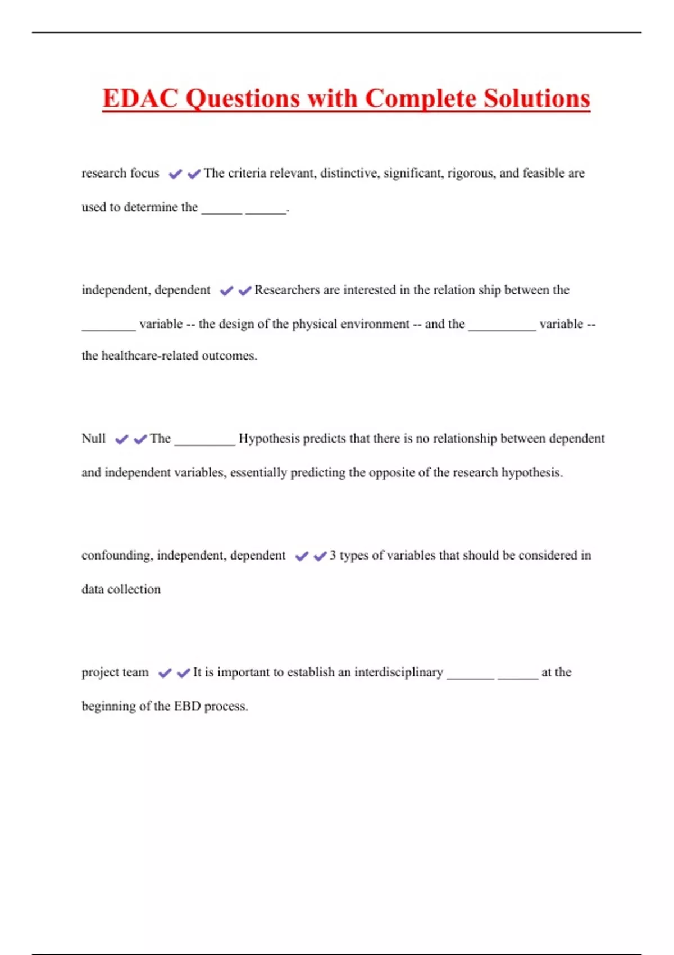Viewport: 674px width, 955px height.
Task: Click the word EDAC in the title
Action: (140, 98)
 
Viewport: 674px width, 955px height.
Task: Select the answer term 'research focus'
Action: (120, 173)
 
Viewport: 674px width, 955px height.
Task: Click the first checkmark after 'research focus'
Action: (175, 174)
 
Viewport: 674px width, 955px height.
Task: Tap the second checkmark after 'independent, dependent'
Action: (245, 291)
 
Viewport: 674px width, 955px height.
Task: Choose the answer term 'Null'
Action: (93, 438)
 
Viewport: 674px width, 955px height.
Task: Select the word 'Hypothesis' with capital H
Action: (269, 438)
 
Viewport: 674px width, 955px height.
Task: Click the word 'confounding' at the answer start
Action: (116, 555)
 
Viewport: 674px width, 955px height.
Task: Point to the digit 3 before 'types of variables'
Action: (333, 555)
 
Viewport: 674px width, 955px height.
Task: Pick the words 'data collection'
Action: (121, 589)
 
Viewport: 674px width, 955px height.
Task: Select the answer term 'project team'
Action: (115, 672)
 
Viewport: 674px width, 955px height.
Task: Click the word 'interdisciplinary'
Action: (398, 672)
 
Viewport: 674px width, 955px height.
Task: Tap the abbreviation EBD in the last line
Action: (187, 706)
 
